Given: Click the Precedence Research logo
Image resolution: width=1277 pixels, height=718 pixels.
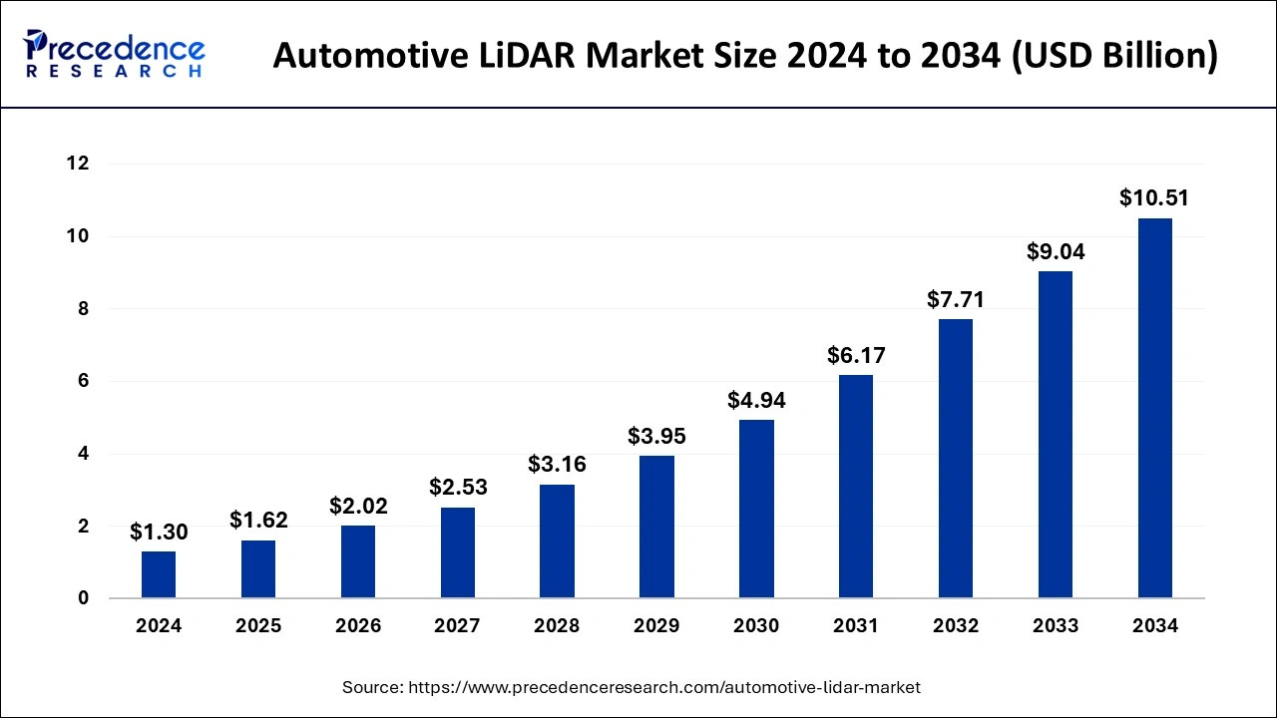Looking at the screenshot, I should pos(115,54).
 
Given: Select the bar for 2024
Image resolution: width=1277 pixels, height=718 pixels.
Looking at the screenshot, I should pos(159,574).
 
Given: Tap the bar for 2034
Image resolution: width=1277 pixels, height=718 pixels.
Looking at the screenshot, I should pos(1154,408).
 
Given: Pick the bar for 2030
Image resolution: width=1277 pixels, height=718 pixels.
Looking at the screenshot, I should pos(756,509).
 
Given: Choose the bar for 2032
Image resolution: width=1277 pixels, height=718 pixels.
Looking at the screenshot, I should pos(956,459).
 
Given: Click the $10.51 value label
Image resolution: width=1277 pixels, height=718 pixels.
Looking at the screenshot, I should pos(1154,197).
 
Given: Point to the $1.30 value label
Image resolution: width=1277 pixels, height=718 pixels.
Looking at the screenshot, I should pos(159,532).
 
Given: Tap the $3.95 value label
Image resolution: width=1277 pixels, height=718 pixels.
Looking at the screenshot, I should pos(656,436).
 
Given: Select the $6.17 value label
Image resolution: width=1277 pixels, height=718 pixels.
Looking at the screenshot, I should pos(856,355).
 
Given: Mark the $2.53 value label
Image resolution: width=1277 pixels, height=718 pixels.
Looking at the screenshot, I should pos(458,487).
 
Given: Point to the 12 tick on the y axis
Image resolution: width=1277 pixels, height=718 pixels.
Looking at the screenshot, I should pos(79,164).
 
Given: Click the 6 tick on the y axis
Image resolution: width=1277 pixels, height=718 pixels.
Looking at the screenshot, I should pos(84,381).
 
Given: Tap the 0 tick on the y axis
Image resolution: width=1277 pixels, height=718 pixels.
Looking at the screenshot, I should pos(84,598).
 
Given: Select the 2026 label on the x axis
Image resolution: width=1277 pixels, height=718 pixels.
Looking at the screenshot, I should pos(358,626).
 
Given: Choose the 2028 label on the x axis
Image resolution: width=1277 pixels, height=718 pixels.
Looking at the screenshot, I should pos(557,626).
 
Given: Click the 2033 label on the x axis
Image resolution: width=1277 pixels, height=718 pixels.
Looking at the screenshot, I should pos(1056,626).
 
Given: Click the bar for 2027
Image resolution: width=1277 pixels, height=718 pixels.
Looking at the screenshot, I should pos(458,552).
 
